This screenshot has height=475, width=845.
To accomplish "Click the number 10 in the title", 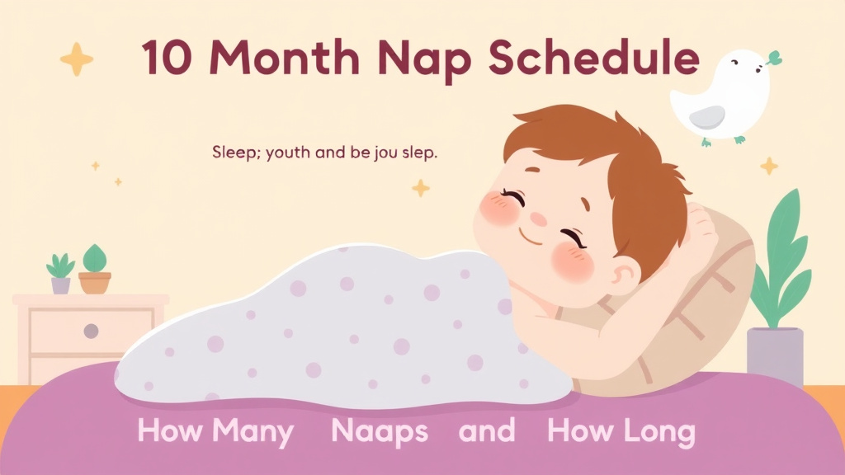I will point(163,59).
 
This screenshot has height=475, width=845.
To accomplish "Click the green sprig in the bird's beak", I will point(772,57).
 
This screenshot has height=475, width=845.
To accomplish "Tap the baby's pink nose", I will point(537,219).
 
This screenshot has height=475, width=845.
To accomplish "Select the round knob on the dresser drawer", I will point(91,331).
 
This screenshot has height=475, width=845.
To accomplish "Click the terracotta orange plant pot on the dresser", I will point(95,282).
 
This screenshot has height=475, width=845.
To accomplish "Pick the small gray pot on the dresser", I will point(61,285).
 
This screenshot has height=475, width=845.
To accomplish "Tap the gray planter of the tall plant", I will point(774,355).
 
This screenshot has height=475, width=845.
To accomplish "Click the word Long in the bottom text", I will point(659,431).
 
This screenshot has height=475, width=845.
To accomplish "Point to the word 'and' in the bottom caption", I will point(487,430).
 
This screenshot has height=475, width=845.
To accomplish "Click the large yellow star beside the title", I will point(77,59).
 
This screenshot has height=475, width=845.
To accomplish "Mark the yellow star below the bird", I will point(769,166).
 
